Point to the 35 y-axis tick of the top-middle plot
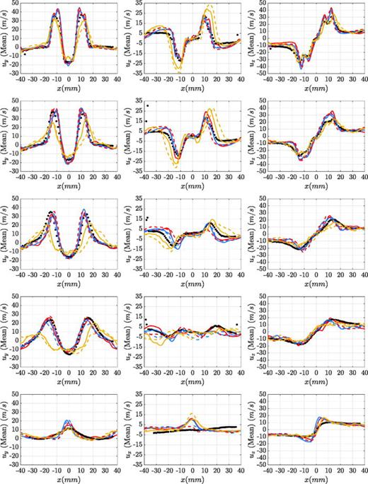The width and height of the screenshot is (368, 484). tap(140, 4)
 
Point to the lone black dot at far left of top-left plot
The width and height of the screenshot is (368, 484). tap(25, 54)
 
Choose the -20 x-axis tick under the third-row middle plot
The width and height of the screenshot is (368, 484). tap(168, 272)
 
